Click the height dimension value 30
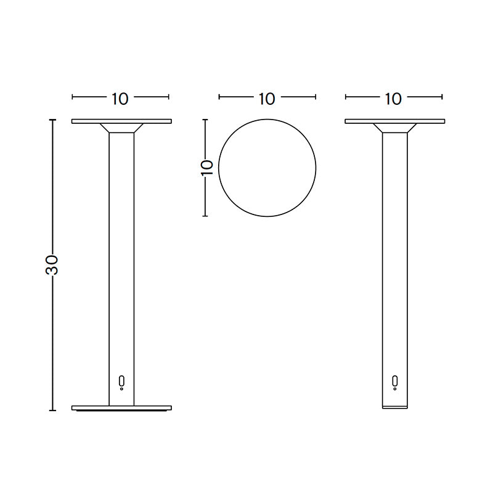53,264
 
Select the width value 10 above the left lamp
120,98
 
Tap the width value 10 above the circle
267,98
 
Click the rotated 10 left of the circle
207,168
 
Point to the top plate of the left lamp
121,121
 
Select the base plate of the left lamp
121,408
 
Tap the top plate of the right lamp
394,121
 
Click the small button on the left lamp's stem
121,381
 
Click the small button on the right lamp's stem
395,381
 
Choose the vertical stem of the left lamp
121,259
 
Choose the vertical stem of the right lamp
394,259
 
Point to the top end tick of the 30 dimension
53,120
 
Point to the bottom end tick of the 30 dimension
53,410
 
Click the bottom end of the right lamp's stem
394,407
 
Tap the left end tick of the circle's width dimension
219,97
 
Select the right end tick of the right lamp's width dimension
442,97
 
